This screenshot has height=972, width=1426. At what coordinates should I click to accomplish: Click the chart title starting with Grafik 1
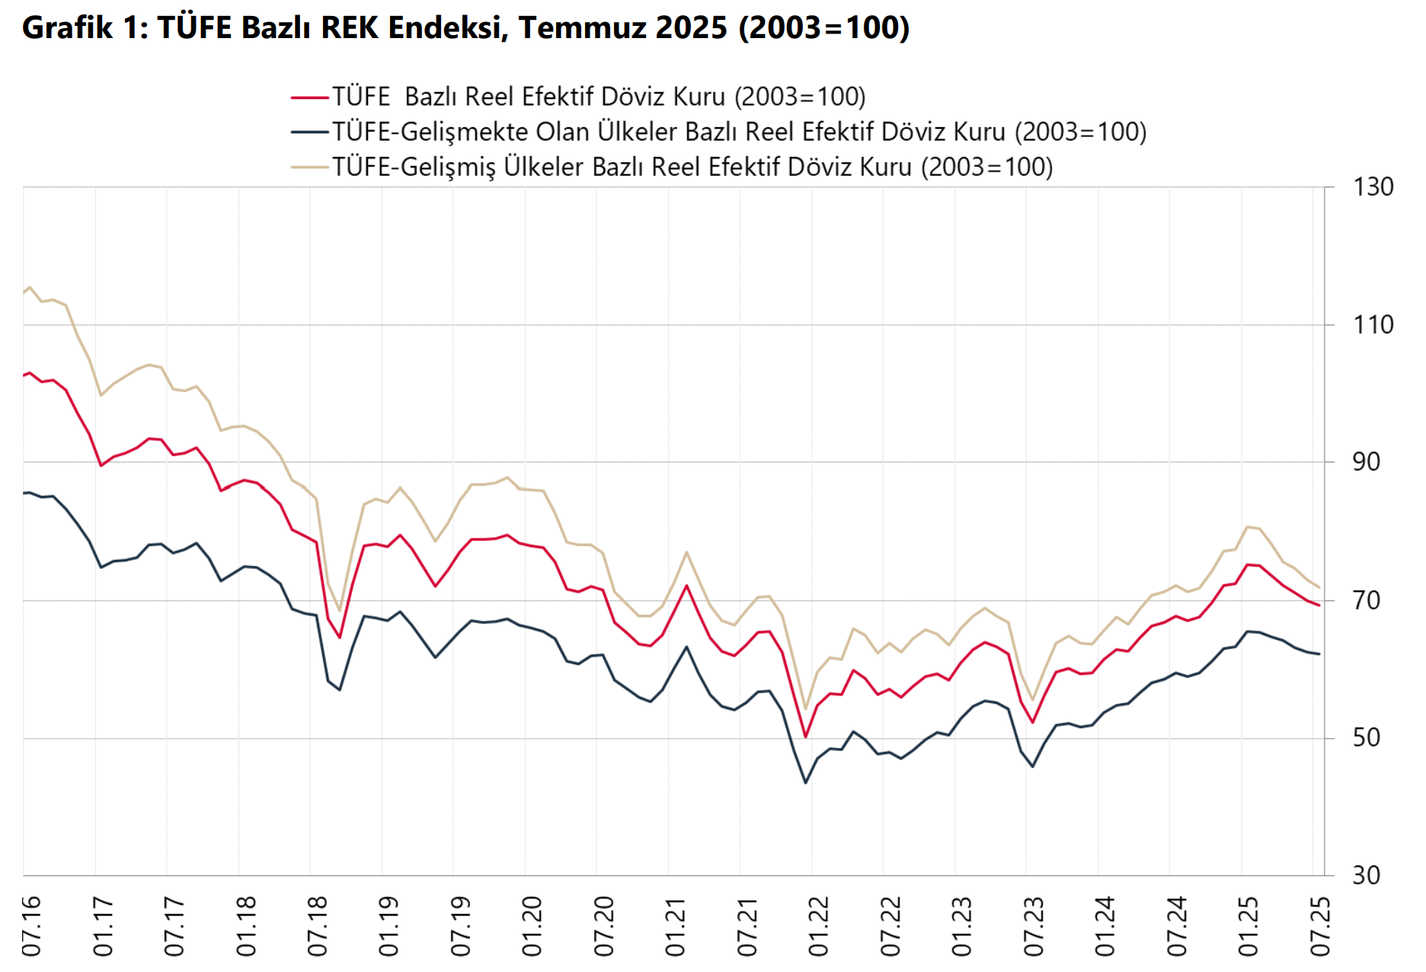click(x=465, y=28)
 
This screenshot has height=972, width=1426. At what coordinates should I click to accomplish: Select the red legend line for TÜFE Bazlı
click(x=310, y=98)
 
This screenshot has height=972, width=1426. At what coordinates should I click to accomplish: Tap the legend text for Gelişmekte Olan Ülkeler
click(x=739, y=132)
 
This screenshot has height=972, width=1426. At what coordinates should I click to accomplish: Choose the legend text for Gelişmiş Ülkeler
click(x=692, y=167)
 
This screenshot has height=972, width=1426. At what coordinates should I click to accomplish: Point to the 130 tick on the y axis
click(x=1373, y=187)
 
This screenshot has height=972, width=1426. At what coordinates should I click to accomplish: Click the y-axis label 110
click(x=1373, y=325)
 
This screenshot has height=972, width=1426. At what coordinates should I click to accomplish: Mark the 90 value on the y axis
click(x=1366, y=462)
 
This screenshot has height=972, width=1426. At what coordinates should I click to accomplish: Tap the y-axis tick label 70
click(x=1366, y=601)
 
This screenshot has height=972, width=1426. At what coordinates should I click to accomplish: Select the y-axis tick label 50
click(x=1366, y=738)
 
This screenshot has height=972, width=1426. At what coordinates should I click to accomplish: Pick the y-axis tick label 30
click(x=1366, y=876)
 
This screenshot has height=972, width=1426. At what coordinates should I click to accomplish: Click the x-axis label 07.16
click(x=31, y=926)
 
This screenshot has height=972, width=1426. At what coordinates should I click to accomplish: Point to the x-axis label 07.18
click(x=317, y=926)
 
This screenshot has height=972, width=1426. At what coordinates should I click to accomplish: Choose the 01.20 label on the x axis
click(x=532, y=926)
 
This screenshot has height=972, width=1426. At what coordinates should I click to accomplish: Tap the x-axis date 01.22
click(x=818, y=926)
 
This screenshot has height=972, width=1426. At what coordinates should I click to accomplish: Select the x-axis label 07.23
click(x=1033, y=926)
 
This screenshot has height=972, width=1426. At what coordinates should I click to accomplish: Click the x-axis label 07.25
click(x=1319, y=926)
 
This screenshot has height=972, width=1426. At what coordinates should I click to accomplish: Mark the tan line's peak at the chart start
click(x=30, y=287)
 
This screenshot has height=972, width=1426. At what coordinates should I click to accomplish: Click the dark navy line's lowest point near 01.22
click(x=806, y=782)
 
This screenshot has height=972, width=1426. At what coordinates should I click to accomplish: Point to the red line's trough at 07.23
click(x=1033, y=722)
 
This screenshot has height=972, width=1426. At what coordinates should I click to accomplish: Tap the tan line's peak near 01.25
click(x=1247, y=526)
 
